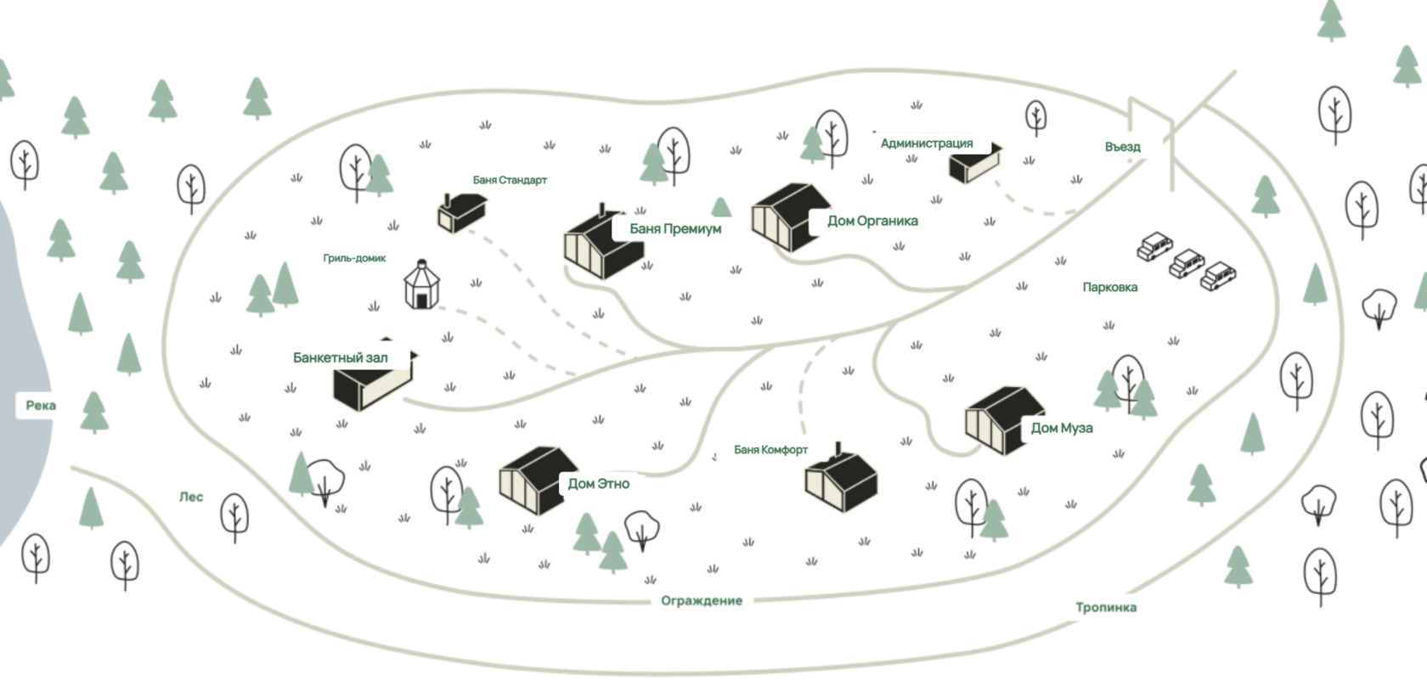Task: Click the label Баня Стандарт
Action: click(x=510, y=180)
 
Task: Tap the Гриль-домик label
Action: click(x=354, y=258)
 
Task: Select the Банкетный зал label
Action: click(x=340, y=358)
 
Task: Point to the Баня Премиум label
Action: click(x=675, y=228)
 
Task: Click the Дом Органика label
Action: click(x=873, y=221)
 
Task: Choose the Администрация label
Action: click(x=927, y=143)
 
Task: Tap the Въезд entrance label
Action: click(x=1123, y=147)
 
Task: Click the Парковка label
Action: click(x=1109, y=287)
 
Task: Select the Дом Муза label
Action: click(x=1062, y=428)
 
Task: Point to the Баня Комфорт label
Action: click(x=771, y=450)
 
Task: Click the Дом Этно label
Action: click(x=598, y=484)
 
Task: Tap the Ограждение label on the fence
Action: click(x=702, y=600)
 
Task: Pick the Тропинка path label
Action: click(x=1106, y=608)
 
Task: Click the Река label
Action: click(x=41, y=405)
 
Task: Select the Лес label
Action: click(x=191, y=497)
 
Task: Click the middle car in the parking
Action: click(x=1187, y=263)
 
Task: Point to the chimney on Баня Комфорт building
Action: click(x=838, y=450)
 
